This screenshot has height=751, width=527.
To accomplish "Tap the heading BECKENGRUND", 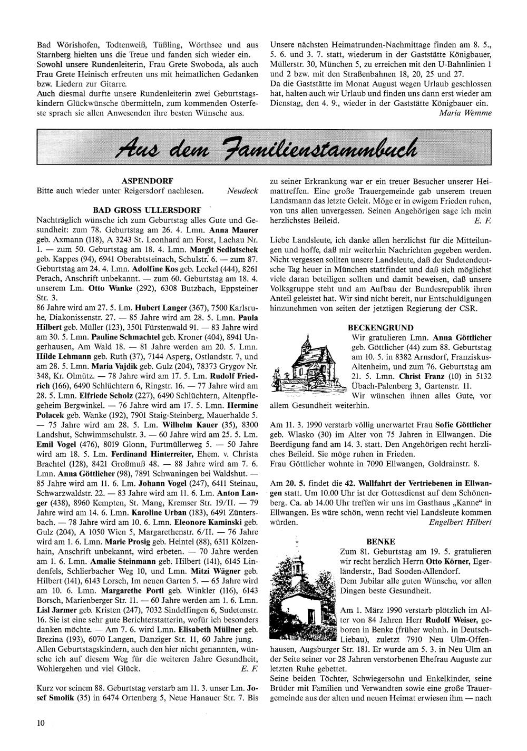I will [380, 327].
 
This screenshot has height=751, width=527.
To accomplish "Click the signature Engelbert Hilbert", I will [460, 522].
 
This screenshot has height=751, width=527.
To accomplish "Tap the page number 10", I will [41, 723].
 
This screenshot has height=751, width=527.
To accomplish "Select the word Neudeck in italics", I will [242, 190].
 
